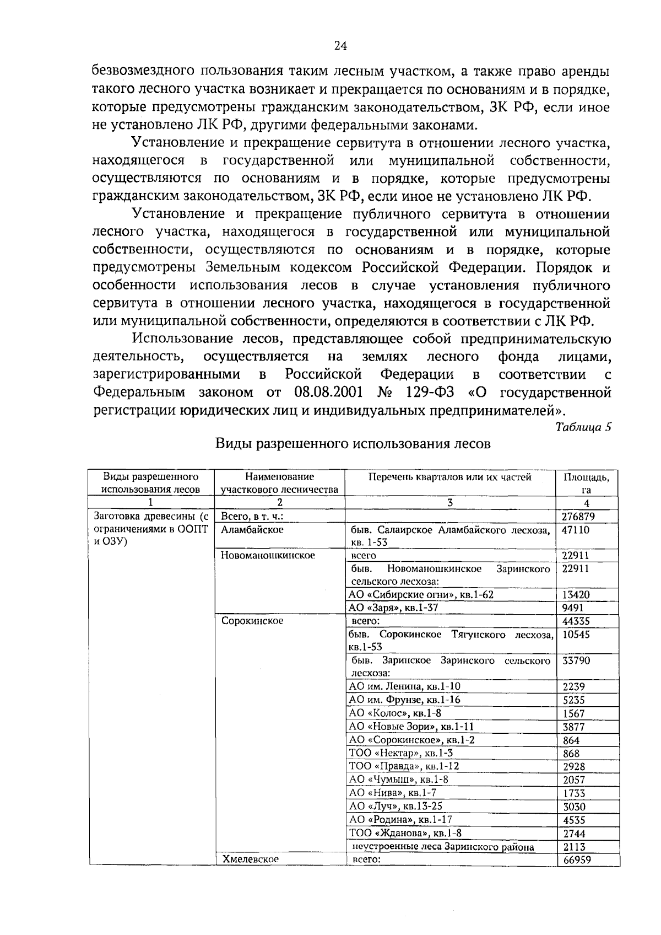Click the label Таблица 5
pyautogui.click(x=583, y=427)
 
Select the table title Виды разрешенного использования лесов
pyautogui.click(x=353, y=444)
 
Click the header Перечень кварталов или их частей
pyautogui.click(x=449, y=477)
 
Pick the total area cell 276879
pyautogui.click(x=578, y=517)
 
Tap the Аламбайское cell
pyautogui.click(x=252, y=529)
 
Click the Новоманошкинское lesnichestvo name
pyautogui.click(x=268, y=555)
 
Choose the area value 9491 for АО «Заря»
pyautogui.click(x=573, y=608)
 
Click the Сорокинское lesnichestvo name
pyautogui.click(x=252, y=621)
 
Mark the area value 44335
pyautogui.click(x=576, y=621)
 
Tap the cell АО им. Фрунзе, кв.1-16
pyautogui.click(x=405, y=700)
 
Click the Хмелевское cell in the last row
pyautogui.click(x=250, y=858)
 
